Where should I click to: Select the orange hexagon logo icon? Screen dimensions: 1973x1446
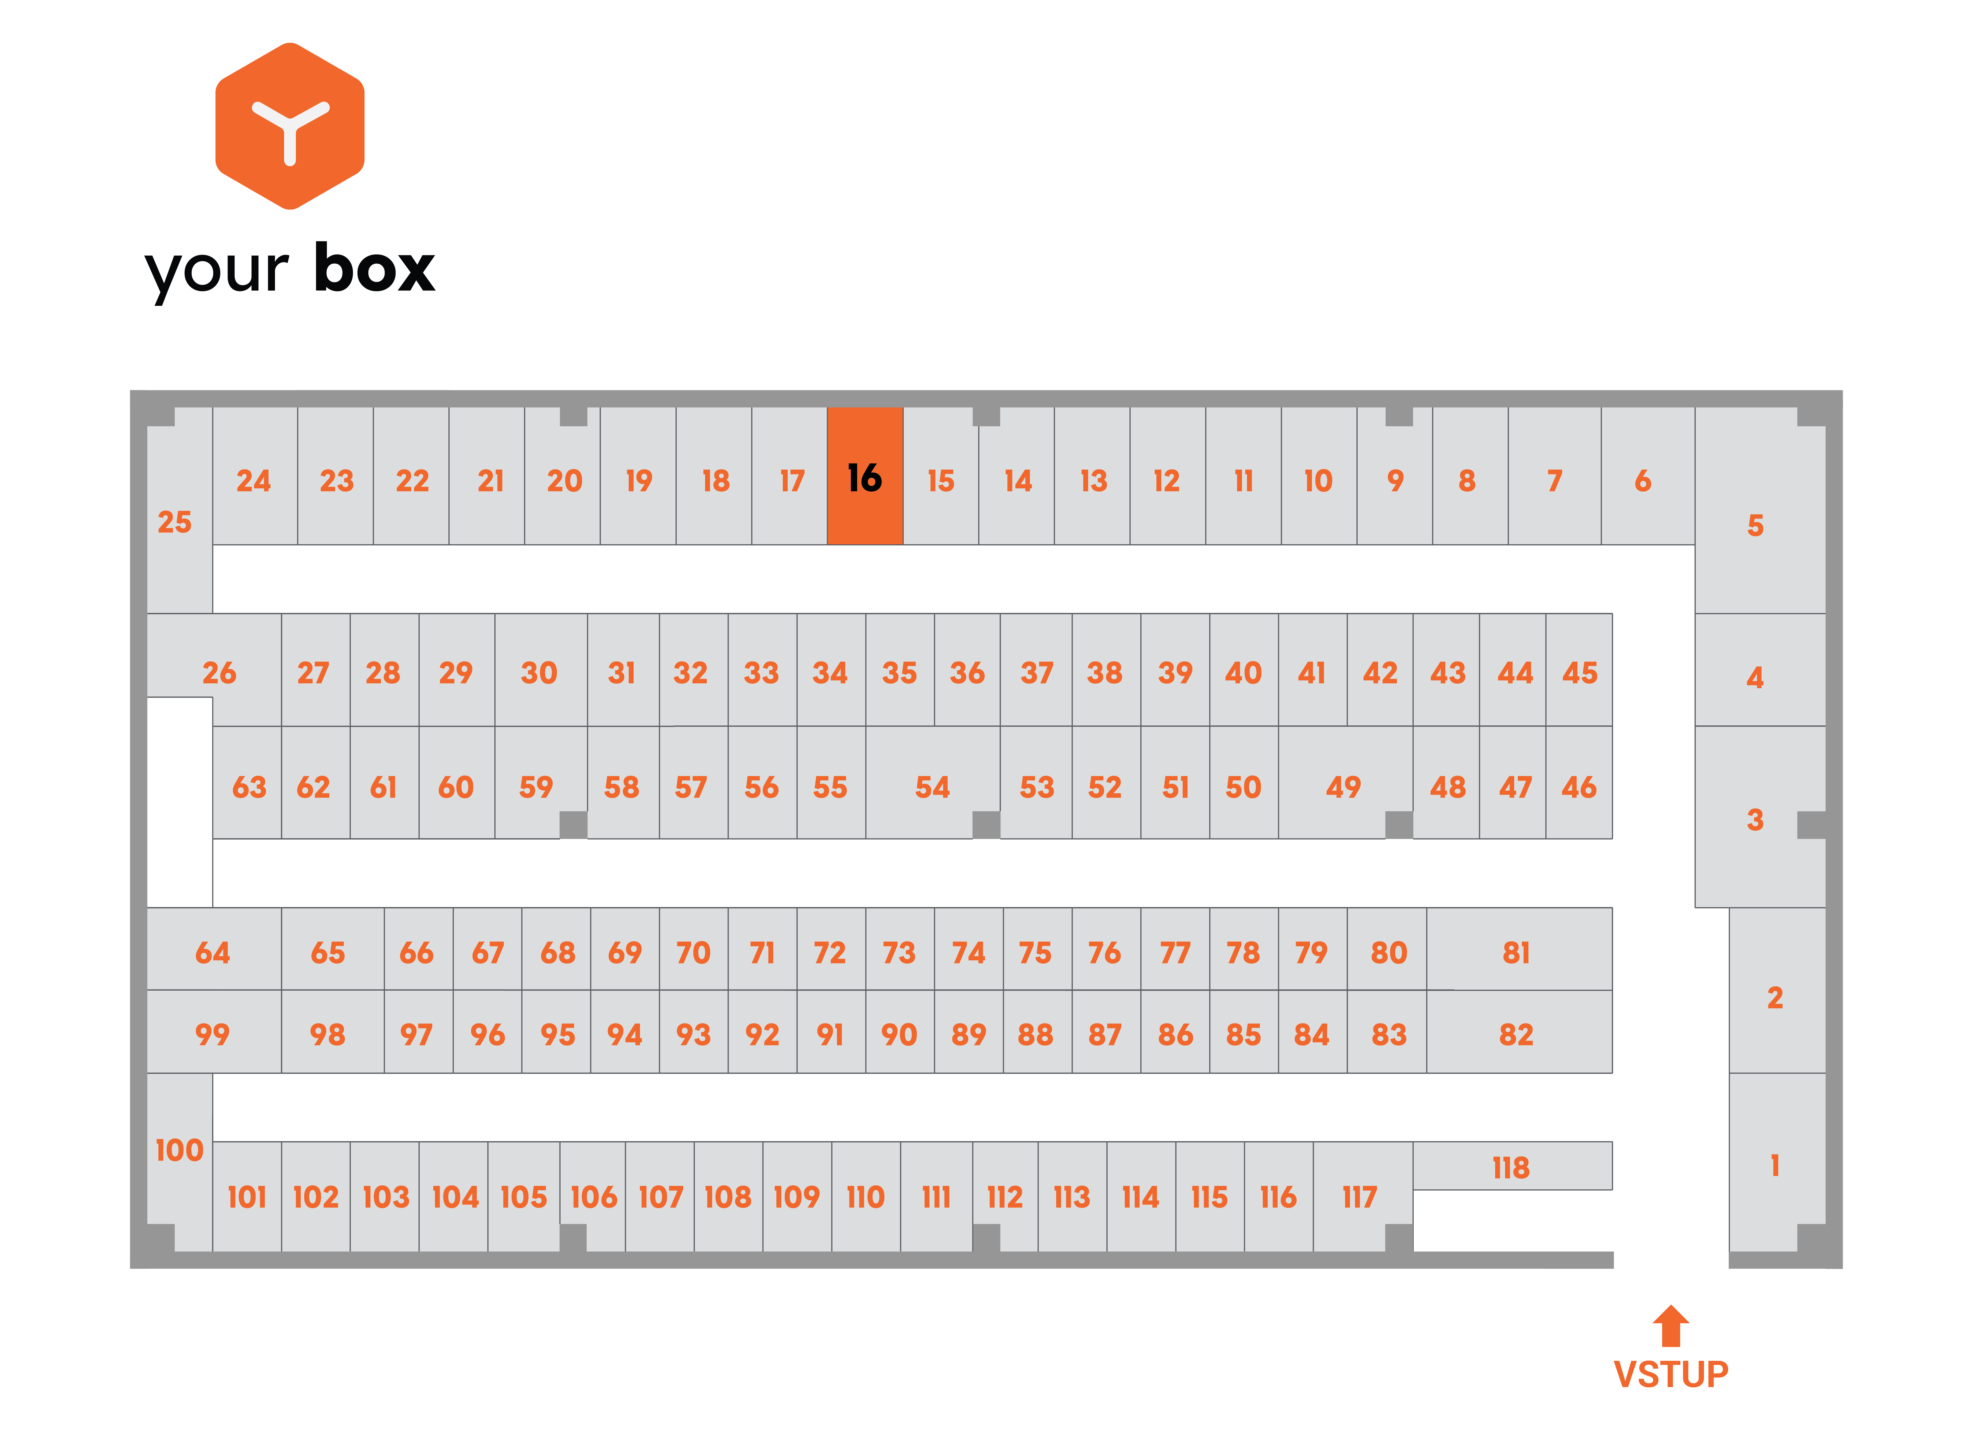[x=290, y=126]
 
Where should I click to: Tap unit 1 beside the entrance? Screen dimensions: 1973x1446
[x=1777, y=1162]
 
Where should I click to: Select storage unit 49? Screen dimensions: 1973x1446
[x=1344, y=782]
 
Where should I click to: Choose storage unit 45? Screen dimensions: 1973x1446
[x=1579, y=670]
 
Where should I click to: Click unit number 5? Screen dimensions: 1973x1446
[x=1760, y=510]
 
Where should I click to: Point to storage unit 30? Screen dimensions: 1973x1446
[x=540, y=670]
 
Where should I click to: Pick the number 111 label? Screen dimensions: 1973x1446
[x=936, y=1197]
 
